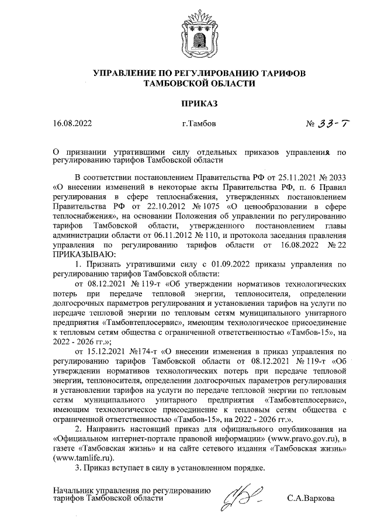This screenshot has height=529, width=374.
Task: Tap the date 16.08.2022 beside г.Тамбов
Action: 72,124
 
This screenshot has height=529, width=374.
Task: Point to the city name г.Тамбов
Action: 199,124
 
